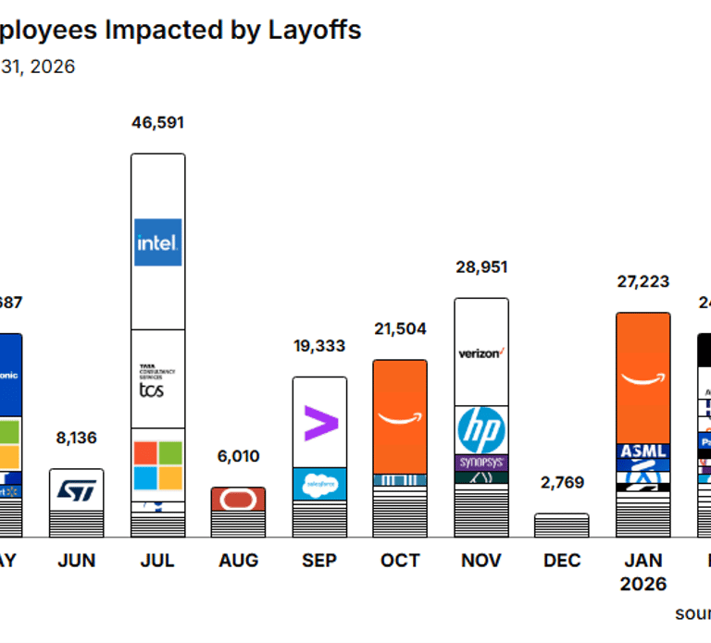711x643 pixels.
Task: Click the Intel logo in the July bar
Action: (x=157, y=242)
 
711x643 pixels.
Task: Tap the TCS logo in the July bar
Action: (x=151, y=385)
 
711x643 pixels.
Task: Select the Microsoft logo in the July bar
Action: (x=157, y=465)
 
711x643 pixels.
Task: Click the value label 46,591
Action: (x=157, y=123)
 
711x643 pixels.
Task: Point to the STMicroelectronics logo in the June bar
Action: (x=76, y=490)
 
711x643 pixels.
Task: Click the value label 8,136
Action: (x=76, y=438)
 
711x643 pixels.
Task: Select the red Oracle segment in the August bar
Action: (x=238, y=499)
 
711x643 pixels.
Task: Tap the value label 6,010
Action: (x=238, y=456)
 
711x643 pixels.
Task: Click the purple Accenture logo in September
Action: (x=320, y=423)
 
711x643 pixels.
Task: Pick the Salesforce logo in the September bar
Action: (x=320, y=484)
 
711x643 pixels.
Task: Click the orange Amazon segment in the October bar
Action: (x=400, y=416)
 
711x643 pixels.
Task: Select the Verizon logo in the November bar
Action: (x=481, y=352)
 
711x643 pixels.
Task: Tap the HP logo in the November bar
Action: (x=481, y=430)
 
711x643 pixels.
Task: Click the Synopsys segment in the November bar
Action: (x=481, y=463)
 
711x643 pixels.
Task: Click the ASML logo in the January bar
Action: (x=642, y=451)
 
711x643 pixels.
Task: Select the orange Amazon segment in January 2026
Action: (x=642, y=377)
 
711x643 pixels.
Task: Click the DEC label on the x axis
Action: (x=562, y=561)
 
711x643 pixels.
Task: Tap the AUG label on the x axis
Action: (x=238, y=561)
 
